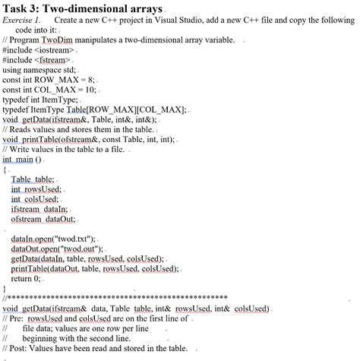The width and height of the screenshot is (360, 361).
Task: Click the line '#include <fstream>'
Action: [x=36, y=59]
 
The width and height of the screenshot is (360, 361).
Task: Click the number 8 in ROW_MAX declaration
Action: [x=90, y=79]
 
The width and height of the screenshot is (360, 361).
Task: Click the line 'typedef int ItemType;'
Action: [x=42, y=100]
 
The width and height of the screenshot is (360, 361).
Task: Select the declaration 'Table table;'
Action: [x=33, y=179]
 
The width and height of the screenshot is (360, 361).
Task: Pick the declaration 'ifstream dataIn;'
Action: [x=39, y=208]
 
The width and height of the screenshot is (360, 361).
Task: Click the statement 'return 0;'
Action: [x=28, y=278]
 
